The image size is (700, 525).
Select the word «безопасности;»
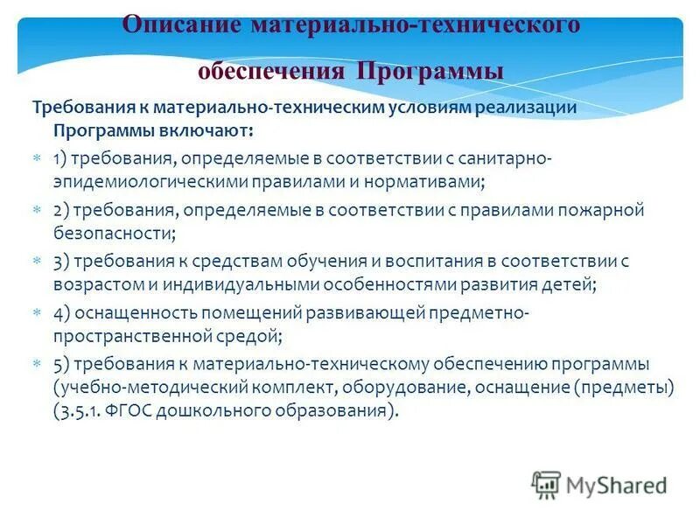pos(114,234)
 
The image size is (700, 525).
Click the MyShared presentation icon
pos(546,484)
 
